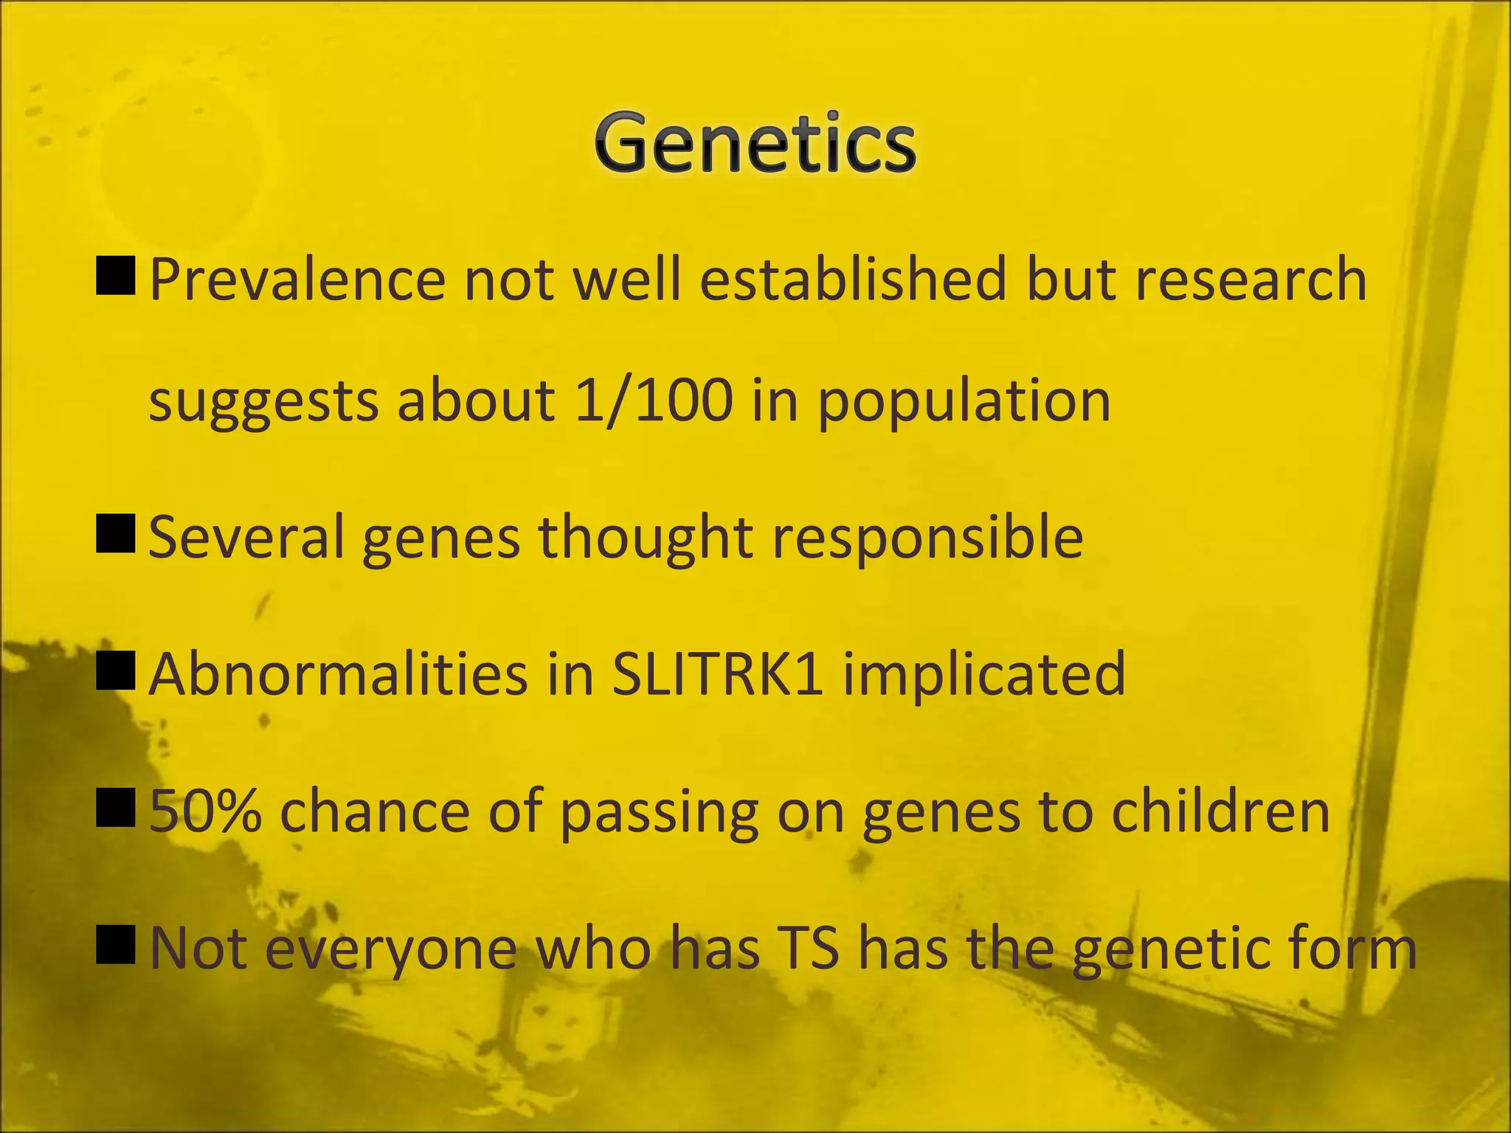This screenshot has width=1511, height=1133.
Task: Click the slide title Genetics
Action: (755, 144)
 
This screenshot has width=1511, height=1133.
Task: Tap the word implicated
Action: (984, 675)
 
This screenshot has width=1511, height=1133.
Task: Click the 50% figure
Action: (204, 811)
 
